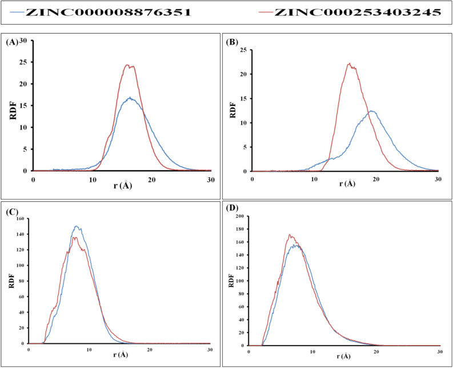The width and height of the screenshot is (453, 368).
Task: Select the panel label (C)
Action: tap(12, 210)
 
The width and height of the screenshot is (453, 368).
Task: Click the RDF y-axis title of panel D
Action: tap(231, 282)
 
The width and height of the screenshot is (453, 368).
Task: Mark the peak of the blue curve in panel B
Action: tap(371, 111)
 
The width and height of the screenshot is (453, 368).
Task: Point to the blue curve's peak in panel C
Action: tap(77, 226)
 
